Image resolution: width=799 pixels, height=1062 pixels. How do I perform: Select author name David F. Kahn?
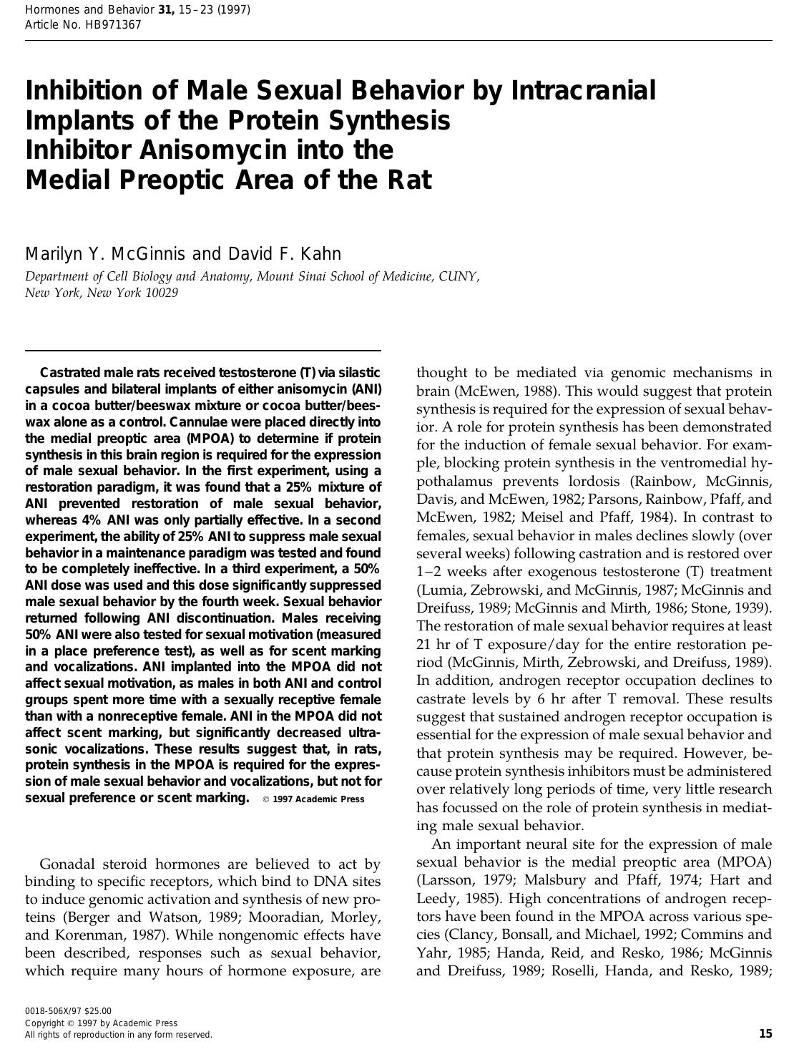tap(285, 254)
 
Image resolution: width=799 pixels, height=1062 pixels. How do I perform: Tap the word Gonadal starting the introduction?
tap(69, 864)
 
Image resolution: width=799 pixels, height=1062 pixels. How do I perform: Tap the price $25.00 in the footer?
tap(97, 1011)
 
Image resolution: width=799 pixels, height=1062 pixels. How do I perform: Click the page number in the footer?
tap(765, 1033)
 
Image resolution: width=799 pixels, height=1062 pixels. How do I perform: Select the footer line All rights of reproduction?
tap(118, 1035)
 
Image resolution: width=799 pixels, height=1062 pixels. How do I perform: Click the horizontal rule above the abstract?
tap(203, 351)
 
